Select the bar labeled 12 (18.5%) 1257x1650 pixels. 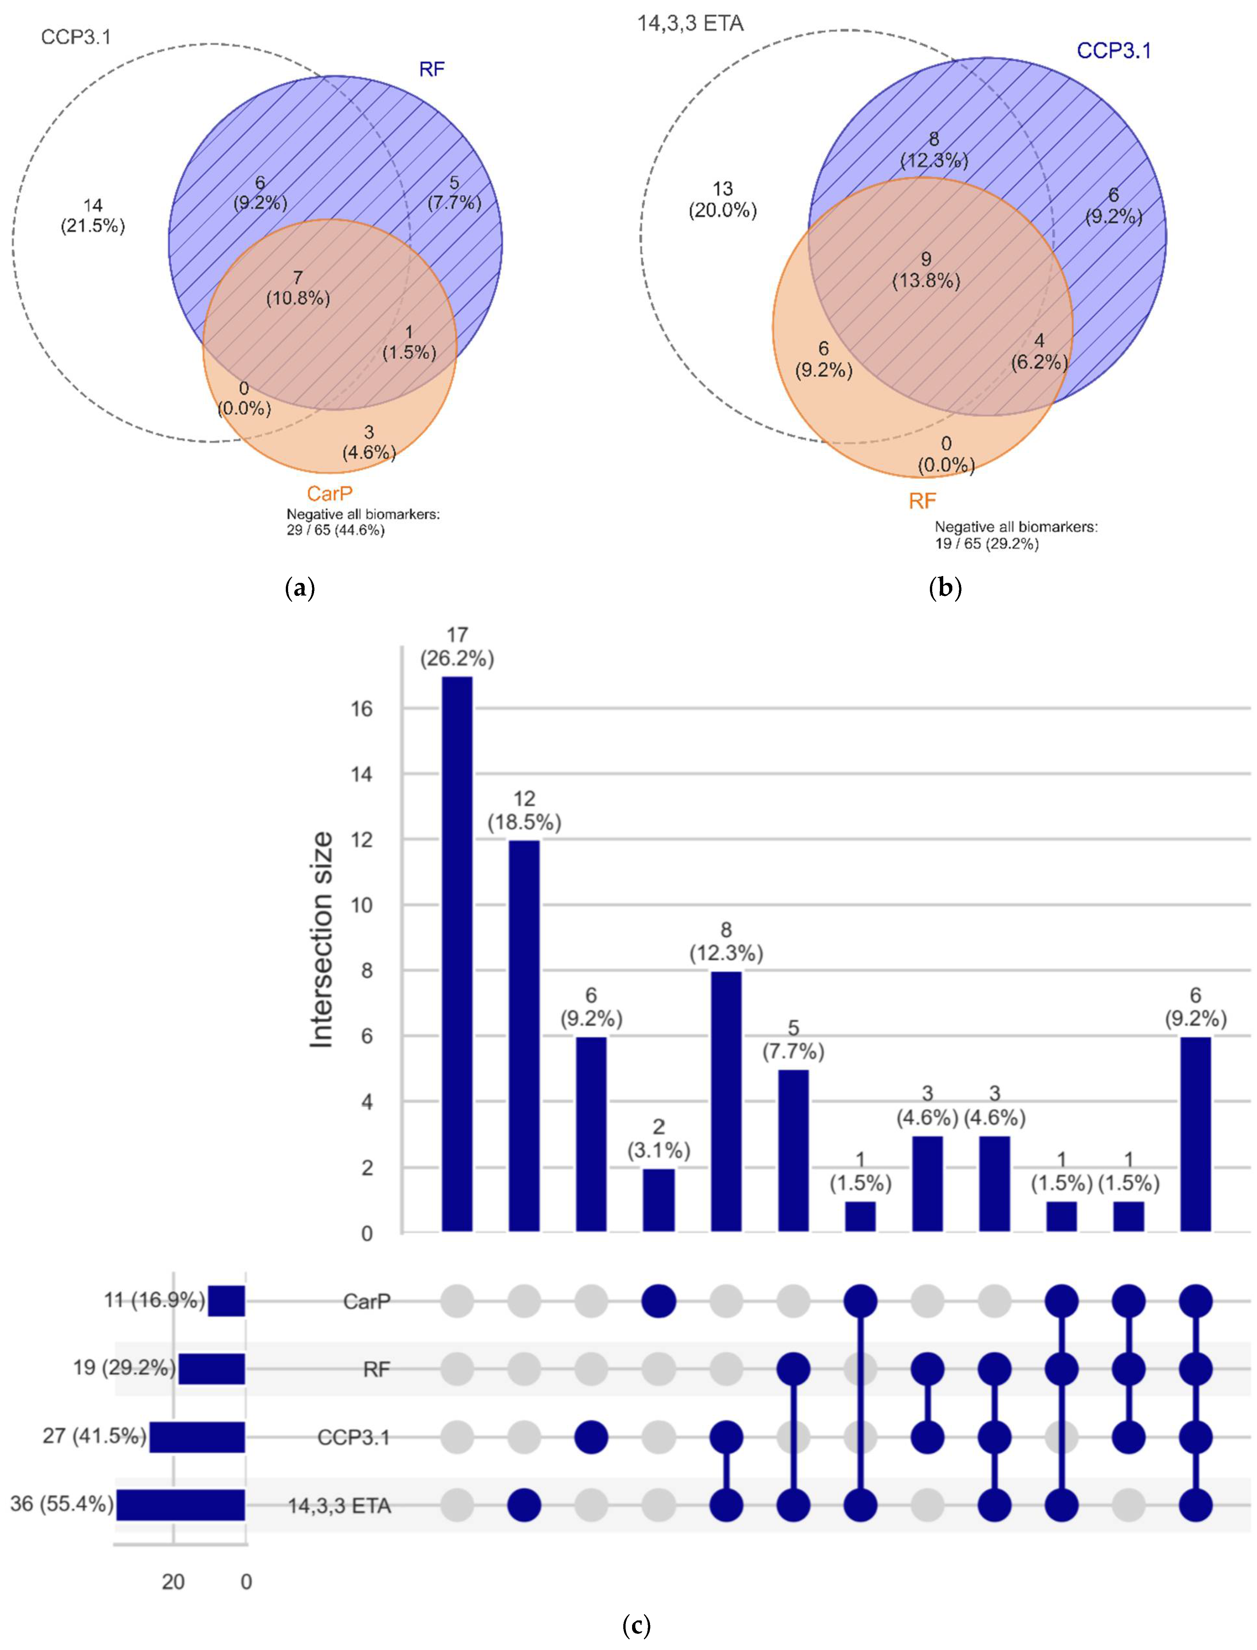click(524, 1036)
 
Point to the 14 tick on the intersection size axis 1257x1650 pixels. click(361, 774)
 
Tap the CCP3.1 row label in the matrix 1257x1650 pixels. click(353, 1438)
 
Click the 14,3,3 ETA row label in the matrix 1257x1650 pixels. click(340, 1506)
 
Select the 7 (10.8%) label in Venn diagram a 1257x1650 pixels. click(298, 288)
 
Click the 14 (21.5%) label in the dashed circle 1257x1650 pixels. click(93, 216)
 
